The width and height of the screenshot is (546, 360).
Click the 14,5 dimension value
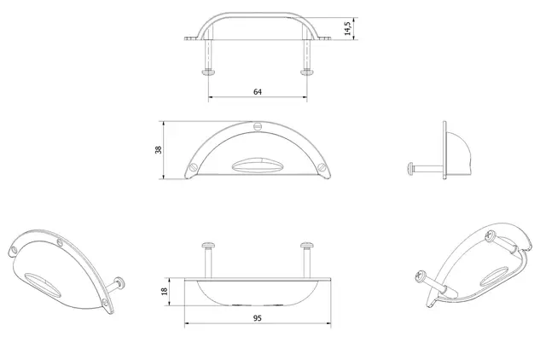tap(347, 28)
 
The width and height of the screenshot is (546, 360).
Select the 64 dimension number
tap(258, 92)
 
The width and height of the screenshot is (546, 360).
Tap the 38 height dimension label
tap(159, 149)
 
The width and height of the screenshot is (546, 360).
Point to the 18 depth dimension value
tap(165, 291)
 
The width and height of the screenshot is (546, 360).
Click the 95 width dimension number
tap(258, 318)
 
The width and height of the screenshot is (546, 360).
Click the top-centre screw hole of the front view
tap(258, 126)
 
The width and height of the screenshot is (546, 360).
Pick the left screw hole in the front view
tap(193, 167)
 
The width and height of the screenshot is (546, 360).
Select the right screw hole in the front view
tap(322, 167)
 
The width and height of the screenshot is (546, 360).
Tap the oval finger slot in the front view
tap(258, 165)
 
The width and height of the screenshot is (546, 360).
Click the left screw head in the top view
tap(208, 72)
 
